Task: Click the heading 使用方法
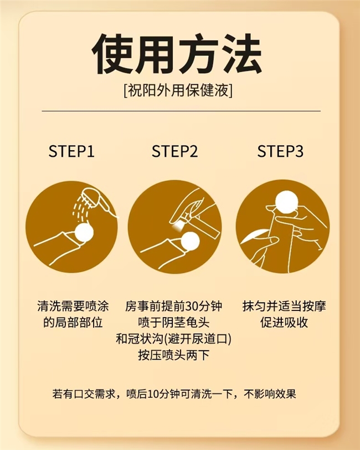coord(177,54)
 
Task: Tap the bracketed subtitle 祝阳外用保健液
coord(178,91)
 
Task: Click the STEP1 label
coord(71,151)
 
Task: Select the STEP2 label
coord(174,151)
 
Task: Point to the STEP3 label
coord(280,151)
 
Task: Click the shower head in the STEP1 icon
coord(98,201)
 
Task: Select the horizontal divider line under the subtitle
coord(181,111)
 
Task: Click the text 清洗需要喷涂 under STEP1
coord(73,306)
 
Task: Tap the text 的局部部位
coord(73,323)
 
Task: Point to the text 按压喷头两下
coord(173,355)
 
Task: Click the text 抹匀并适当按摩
coord(284,306)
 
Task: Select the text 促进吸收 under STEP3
coord(284,323)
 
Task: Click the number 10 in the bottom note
coord(153,394)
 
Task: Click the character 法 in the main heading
coord(240,54)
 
